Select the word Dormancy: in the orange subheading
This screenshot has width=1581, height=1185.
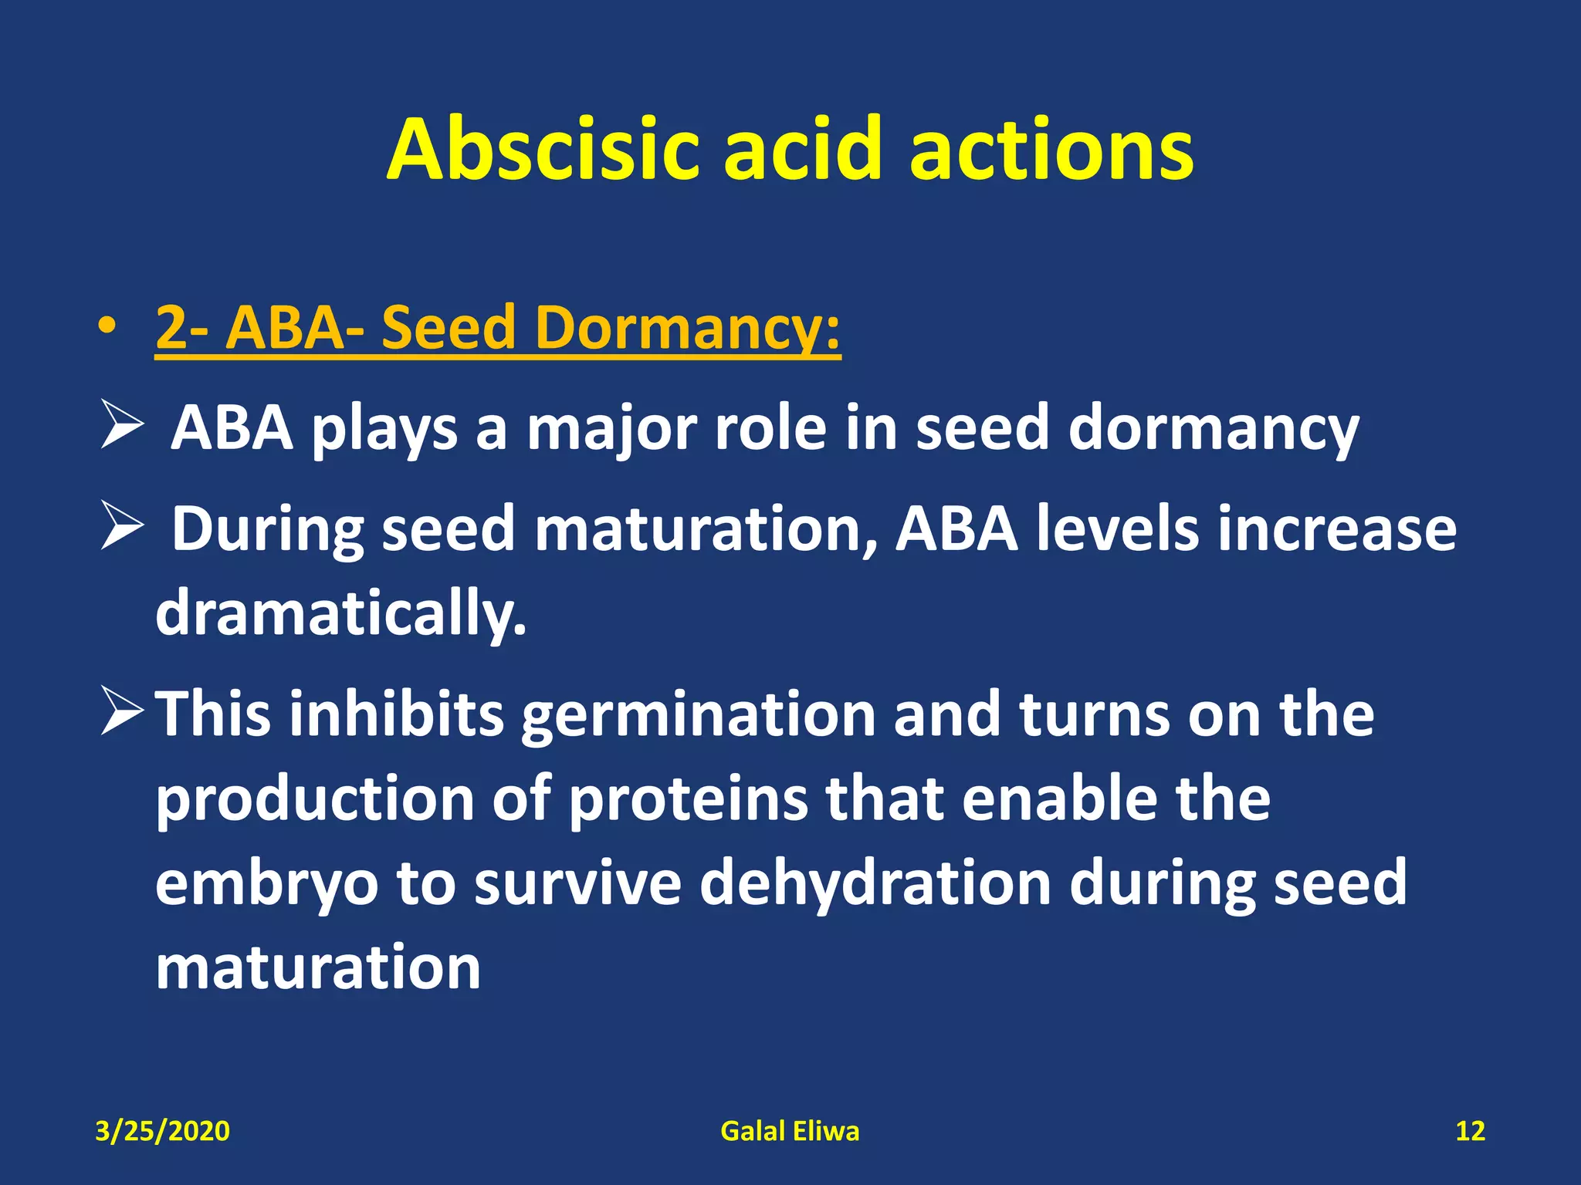[687, 328]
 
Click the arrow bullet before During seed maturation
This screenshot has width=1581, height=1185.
[122, 528]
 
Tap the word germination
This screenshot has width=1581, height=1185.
[699, 716]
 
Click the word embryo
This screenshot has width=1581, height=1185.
[267, 885]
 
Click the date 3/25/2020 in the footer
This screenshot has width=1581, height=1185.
[162, 1131]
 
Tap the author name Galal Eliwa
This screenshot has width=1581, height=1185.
[790, 1131]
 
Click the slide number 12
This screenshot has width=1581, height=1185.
[1470, 1131]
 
